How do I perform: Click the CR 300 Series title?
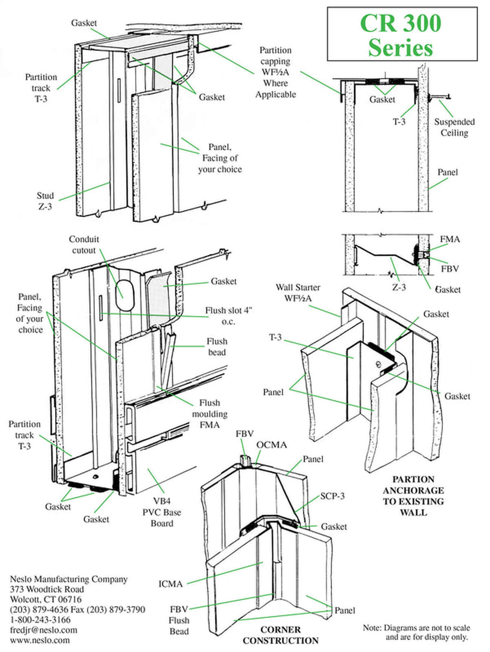point(401,35)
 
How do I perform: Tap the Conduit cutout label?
point(84,245)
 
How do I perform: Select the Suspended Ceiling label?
point(454,127)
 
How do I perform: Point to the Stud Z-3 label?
point(45,201)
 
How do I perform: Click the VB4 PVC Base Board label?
point(162,512)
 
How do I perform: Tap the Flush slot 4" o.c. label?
point(228,316)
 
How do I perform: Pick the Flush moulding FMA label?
point(210,414)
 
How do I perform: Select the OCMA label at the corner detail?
point(271,445)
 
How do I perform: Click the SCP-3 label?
point(332,496)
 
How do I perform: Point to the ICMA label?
point(170,584)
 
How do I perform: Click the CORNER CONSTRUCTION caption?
point(280,635)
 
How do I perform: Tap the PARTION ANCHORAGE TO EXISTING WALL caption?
point(413,496)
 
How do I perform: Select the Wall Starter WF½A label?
point(298,292)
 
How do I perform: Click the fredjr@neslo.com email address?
point(43,630)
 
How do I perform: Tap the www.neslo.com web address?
point(40,640)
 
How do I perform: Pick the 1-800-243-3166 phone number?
point(40,620)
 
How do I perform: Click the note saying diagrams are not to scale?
point(416,632)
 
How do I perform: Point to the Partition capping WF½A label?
point(276,72)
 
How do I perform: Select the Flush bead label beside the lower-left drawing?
point(217,347)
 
